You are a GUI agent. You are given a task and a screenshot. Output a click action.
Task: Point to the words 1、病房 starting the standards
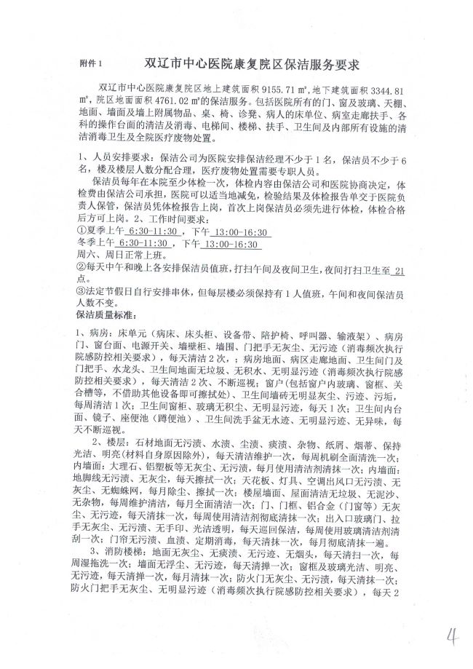92,336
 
